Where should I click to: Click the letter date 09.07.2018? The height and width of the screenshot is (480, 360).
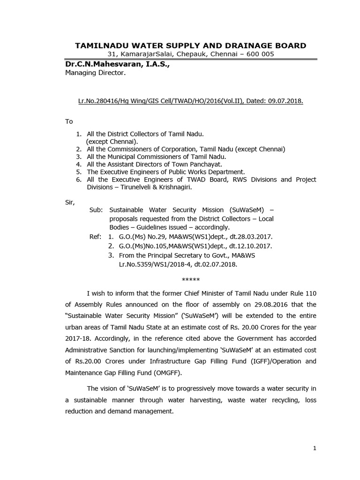(x=286, y=100)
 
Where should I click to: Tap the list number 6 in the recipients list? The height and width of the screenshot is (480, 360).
(x=79, y=180)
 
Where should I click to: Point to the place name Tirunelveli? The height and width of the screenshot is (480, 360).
(x=123, y=187)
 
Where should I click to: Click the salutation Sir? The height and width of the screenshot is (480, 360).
(x=69, y=202)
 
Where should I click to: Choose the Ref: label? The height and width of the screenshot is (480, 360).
(x=96, y=237)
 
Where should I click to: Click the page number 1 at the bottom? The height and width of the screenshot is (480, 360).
(x=315, y=448)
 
